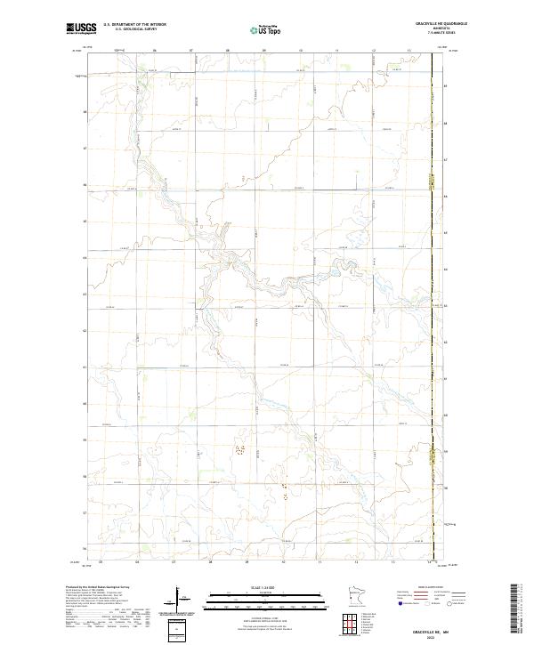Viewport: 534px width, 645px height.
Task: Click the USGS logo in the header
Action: pos(81,28)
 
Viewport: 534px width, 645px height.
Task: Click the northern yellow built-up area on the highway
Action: pos(433,185)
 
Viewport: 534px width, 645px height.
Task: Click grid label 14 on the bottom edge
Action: pos(428,562)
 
